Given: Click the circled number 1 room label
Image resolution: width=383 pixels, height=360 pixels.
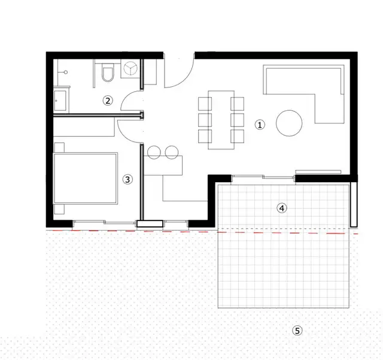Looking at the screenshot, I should pyautogui.click(x=259, y=125).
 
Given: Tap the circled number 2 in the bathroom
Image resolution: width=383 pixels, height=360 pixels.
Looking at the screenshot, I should pyautogui.click(x=108, y=100).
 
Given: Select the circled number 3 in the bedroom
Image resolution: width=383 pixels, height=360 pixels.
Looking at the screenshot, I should pyautogui.click(x=127, y=179).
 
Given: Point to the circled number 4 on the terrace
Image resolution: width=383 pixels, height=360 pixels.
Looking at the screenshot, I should pyautogui.click(x=282, y=208).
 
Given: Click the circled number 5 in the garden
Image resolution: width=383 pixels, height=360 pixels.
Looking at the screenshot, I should pyautogui.click(x=297, y=330).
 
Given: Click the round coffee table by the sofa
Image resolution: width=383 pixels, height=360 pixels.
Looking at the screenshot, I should pyautogui.click(x=289, y=123).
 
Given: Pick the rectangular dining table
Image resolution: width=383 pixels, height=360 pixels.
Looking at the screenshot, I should pyautogui.click(x=220, y=119).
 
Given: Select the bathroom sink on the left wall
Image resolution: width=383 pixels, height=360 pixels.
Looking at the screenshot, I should pyautogui.click(x=61, y=98).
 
